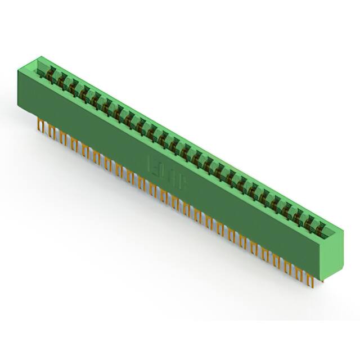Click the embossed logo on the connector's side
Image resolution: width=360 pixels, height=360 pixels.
(170, 172)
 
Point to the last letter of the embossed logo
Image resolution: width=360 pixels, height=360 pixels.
(186, 181)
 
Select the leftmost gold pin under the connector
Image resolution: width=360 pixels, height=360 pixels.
(40, 125)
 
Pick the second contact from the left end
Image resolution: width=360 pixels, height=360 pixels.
(61, 79)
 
